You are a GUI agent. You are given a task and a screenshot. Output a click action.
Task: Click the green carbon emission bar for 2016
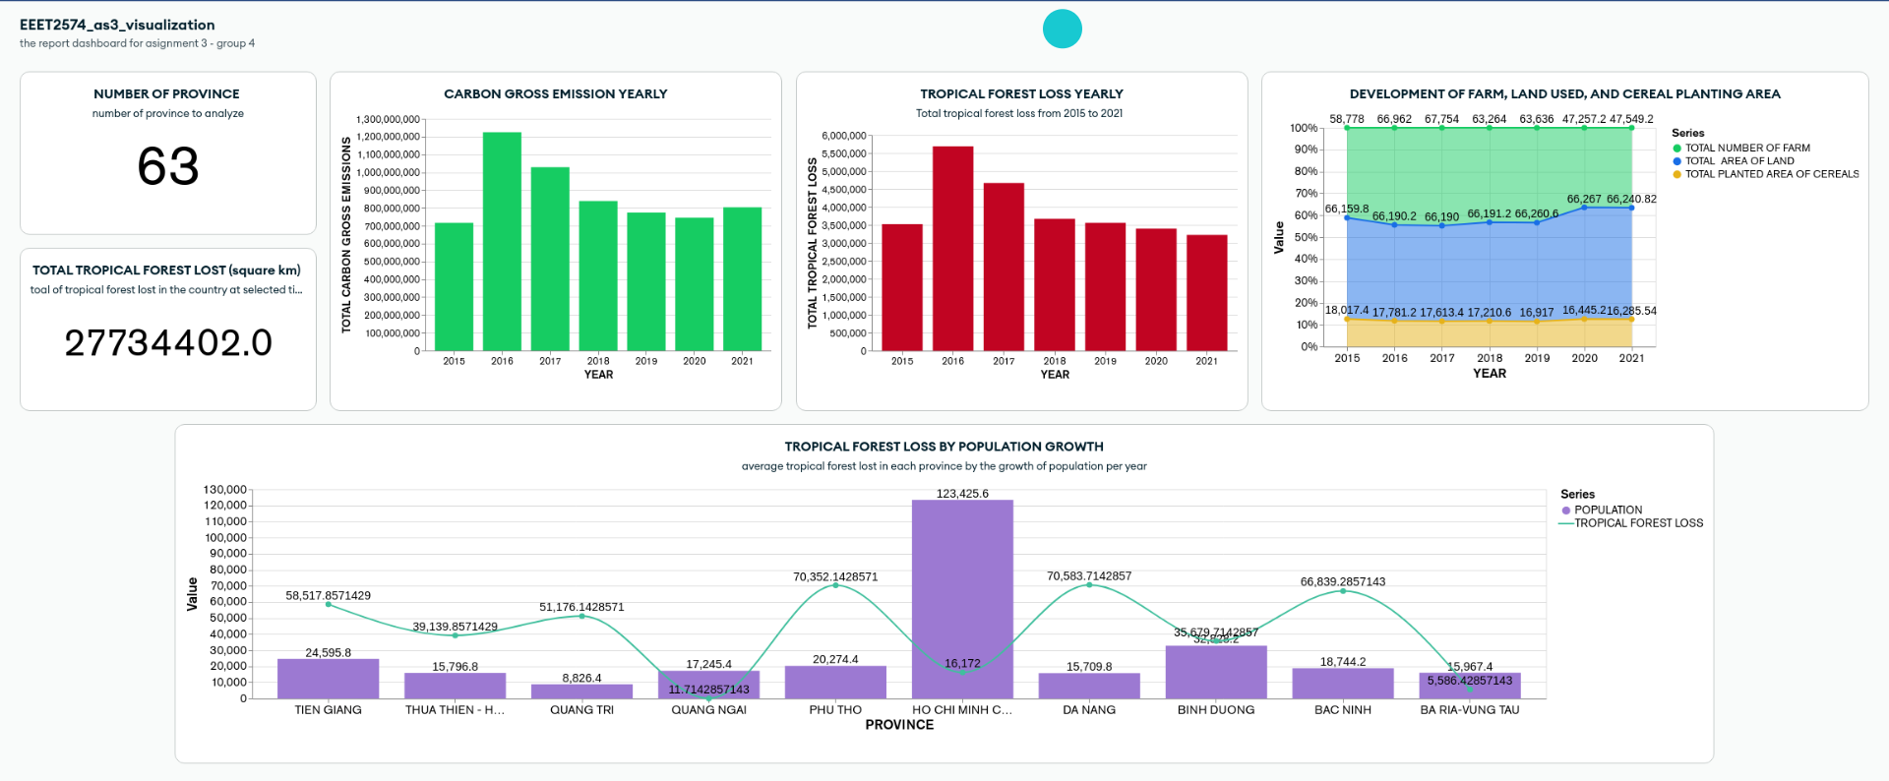click(502, 241)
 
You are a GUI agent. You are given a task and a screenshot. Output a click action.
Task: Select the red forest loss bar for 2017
click(1004, 267)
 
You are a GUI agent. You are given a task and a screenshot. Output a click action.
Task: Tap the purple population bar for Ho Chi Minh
click(962, 599)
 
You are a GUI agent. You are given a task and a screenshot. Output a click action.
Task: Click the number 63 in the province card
click(168, 165)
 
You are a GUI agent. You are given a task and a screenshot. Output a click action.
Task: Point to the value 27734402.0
click(168, 342)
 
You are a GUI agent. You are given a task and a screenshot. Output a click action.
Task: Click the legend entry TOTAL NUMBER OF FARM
click(1747, 149)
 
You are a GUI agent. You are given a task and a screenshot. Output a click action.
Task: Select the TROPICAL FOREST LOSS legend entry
click(1638, 523)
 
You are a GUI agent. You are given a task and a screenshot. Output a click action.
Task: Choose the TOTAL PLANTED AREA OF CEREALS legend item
click(1771, 174)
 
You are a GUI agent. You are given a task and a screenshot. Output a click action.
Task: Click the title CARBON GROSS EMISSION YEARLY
click(555, 94)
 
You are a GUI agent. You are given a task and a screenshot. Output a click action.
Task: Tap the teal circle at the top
click(1063, 29)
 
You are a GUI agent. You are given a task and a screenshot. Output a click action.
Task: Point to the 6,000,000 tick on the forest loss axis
click(844, 136)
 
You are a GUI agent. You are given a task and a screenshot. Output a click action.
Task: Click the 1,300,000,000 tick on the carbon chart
click(388, 119)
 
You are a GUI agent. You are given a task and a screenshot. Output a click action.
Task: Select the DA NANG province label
click(1089, 710)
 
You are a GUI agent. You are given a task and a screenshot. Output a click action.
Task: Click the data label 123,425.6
click(962, 494)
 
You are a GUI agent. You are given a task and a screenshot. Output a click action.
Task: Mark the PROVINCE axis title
click(899, 725)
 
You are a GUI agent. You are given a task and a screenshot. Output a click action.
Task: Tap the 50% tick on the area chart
click(1306, 237)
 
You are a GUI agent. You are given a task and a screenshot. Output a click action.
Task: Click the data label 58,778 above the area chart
click(1347, 119)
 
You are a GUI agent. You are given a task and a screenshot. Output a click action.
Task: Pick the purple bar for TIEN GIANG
click(328, 679)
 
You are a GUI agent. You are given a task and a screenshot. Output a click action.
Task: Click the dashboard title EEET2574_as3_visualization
click(117, 25)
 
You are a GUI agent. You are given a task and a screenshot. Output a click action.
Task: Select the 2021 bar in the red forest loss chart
click(1207, 292)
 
